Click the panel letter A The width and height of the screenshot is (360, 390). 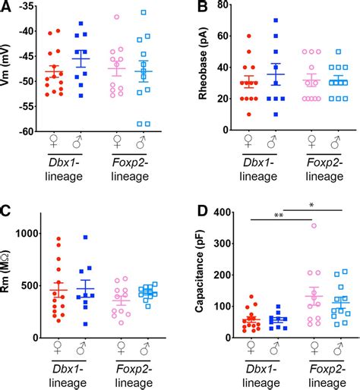pyautogui.click(x=7, y=8)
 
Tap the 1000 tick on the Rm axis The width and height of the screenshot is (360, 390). pyautogui.click(x=28, y=233)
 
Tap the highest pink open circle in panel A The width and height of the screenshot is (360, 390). pyautogui.click(x=116, y=16)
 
